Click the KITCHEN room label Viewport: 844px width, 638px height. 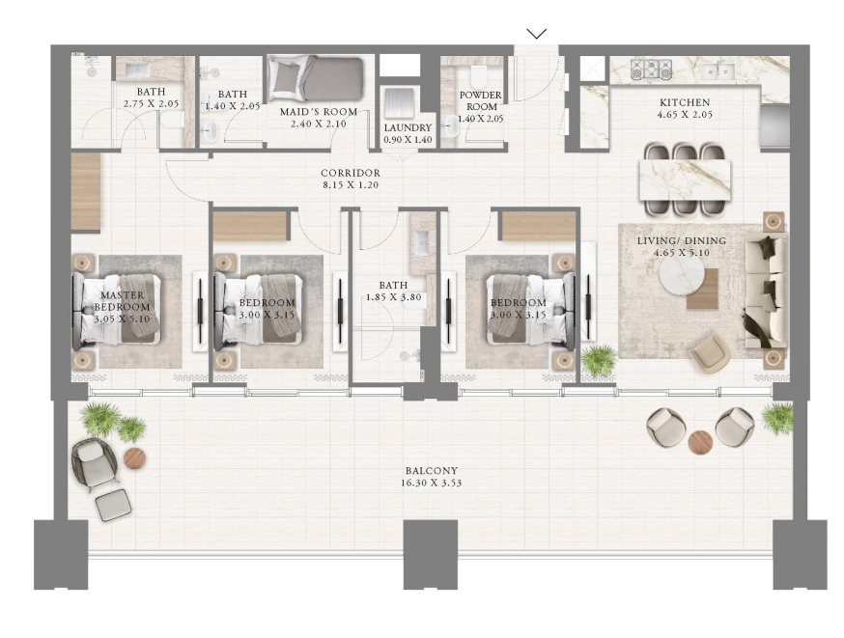[685, 102]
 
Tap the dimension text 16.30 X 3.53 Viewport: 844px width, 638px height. [431, 483]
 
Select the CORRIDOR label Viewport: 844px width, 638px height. [351, 173]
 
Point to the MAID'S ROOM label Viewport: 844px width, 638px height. [319, 112]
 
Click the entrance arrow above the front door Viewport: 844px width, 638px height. [536, 34]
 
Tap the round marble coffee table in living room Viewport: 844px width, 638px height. [682, 274]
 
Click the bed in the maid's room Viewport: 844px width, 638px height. [316, 78]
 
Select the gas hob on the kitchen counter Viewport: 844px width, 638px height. [651, 69]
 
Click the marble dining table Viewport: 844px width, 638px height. [686, 180]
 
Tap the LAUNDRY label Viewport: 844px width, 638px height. [408, 128]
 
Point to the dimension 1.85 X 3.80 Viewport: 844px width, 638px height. [393, 297]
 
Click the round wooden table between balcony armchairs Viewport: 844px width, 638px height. [700, 442]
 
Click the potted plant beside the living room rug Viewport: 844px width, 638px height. [598, 359]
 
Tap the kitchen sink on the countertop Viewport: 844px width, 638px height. [718, 70]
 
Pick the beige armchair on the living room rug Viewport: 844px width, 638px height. [710, 353]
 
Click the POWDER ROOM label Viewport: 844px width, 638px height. [481, 100]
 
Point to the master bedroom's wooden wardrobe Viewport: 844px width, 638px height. [86, 191]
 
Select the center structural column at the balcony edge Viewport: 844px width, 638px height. [431, 554]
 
